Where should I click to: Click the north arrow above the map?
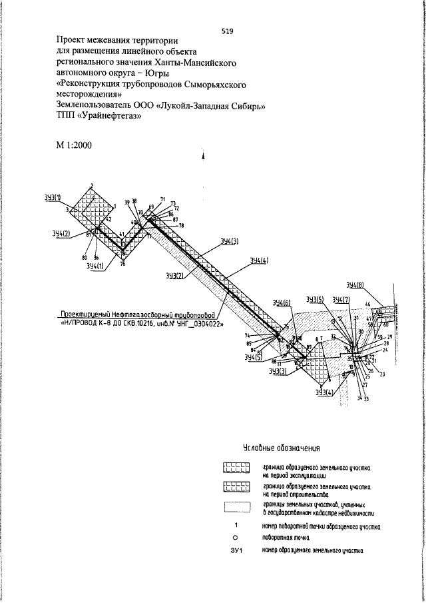[202, 157]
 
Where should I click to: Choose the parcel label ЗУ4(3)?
[228, 241]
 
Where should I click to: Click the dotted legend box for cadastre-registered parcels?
[236, 510]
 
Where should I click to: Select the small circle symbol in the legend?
[236, 538]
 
